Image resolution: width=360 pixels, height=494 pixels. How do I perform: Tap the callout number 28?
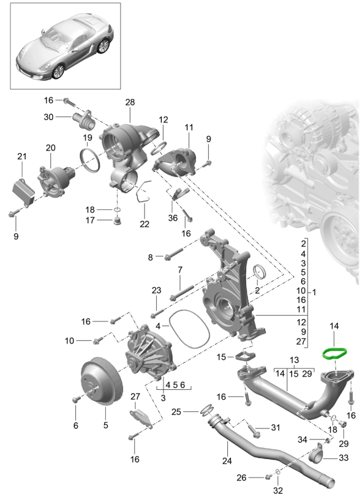[x=130, y=102]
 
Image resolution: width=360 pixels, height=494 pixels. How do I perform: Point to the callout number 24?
[x=227, y=461]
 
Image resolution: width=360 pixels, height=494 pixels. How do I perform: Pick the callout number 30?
[x=48, y=117]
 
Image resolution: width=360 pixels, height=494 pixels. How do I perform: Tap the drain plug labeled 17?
[x=118, y=221]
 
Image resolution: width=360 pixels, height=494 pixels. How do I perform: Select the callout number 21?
[x=22, y=156]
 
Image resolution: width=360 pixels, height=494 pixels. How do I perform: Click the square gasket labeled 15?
[x=244, y=357]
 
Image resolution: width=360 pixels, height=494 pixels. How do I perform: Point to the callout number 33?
[x=343, y=457]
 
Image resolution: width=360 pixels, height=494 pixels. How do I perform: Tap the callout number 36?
[x=173, y=218]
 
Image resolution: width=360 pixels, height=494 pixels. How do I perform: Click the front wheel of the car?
[x=59, y=72]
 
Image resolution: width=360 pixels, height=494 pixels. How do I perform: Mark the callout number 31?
[x=275, y=427]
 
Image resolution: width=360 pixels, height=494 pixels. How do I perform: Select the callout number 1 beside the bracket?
[x=314, y=292]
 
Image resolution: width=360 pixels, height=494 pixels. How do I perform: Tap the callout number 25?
[x=176, y=412]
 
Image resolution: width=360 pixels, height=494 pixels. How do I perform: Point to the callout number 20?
[x=50, y=148]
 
